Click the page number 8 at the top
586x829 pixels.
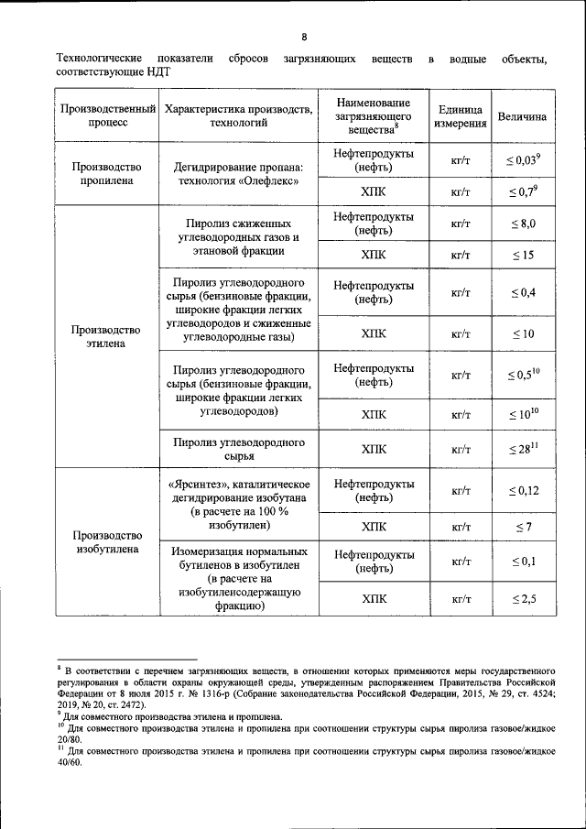[303, 37]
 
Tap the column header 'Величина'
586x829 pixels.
[522, 116]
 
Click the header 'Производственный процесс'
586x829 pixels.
[107, 116]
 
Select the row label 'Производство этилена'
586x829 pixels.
[107, 336]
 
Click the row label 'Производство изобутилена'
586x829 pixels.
[107, 542]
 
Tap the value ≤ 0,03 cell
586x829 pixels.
[522, 160]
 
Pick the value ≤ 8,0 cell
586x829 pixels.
[522, 223]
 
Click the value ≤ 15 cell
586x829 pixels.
[522, 255]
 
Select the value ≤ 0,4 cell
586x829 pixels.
[522, 292]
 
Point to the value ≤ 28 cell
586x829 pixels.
[522, 449]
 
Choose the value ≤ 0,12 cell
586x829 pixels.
[522, 490]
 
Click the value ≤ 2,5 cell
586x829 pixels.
[522, 599]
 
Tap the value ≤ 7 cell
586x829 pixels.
[522, 528]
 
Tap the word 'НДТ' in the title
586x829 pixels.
[156, 71]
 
